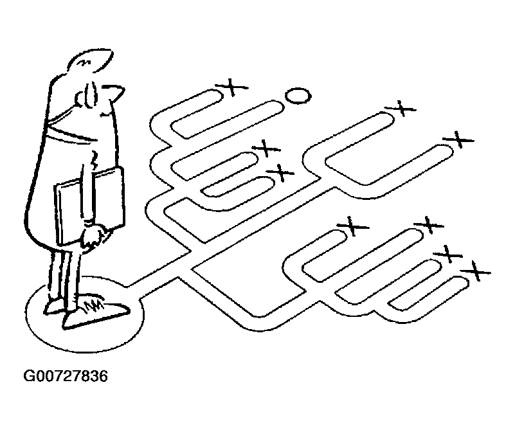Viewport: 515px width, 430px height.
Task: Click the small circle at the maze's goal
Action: tap(297, 96)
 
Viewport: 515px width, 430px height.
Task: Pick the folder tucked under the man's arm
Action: tap(87, 203)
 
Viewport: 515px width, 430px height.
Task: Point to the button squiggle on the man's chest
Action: tap(94, 155)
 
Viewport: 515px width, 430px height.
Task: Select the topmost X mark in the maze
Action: tap(234, 87)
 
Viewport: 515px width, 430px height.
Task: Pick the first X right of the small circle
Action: tap(403, 107)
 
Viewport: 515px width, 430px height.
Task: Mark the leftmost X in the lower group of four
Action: tap(351, 225)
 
